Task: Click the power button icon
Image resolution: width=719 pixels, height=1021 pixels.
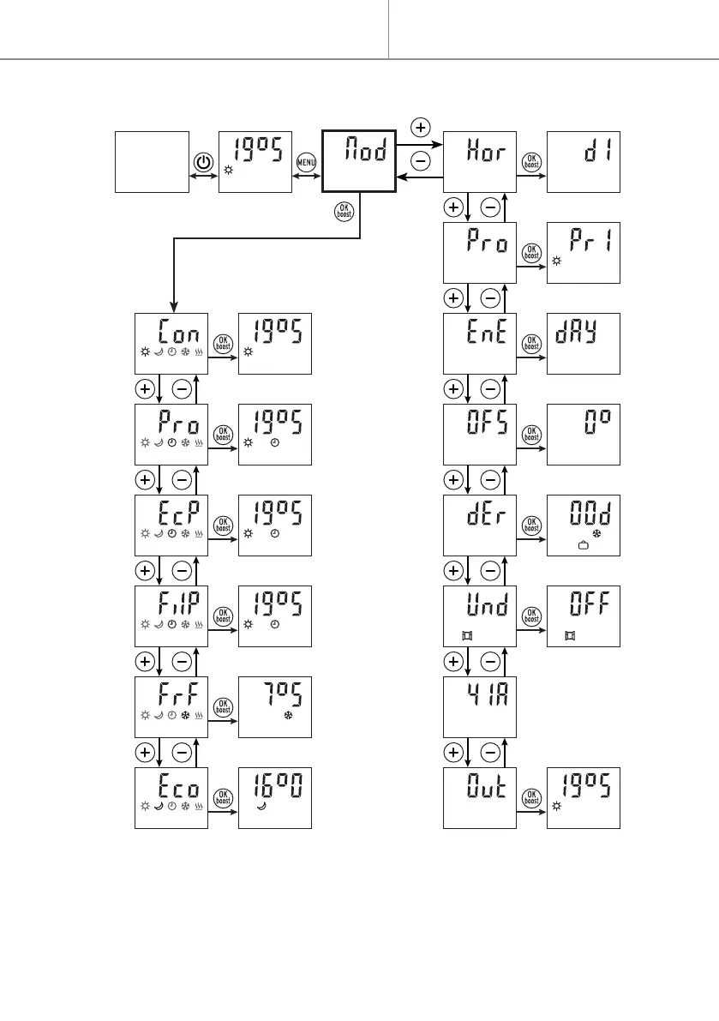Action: coord(203,161)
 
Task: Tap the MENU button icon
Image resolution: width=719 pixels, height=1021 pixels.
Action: coord(306,161)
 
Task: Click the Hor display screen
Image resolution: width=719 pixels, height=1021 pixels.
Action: coord(479,162)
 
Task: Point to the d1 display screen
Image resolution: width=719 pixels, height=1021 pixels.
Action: coord(583,162)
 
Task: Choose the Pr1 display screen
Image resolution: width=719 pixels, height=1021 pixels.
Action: coord(583,253)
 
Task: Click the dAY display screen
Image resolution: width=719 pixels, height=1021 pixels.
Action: coord(583,343)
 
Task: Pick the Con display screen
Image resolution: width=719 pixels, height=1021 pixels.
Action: coord(171,343)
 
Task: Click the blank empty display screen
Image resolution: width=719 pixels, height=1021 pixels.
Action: coord(152,162)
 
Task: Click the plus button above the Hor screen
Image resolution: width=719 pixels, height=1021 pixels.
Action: coord(420,128)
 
